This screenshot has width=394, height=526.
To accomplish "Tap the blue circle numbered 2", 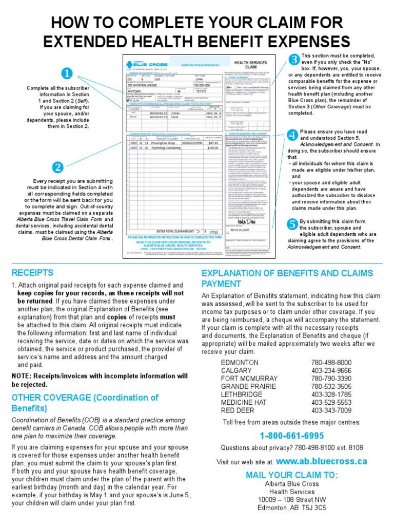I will pyautogui.click(x=58, y=167).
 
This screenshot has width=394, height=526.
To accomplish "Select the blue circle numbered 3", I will pyautogui.click(x=294, y=60).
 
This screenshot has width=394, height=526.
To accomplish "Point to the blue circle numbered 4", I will pyautogui.click(x=292, y=135).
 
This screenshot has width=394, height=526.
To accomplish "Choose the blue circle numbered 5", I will pyautogui.click(x=292, y=223).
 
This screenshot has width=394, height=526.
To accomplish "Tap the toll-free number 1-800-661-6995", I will pyautogui.click(x=291, y=436).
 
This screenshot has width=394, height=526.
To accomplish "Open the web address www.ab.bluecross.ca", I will pyautogui.click(x=322, y=461).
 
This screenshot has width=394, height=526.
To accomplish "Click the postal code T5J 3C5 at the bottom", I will pyautogui.click(x=312, y=508).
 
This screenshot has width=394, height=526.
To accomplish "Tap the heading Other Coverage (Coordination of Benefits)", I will pyautogui.click(x=85, y=403).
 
